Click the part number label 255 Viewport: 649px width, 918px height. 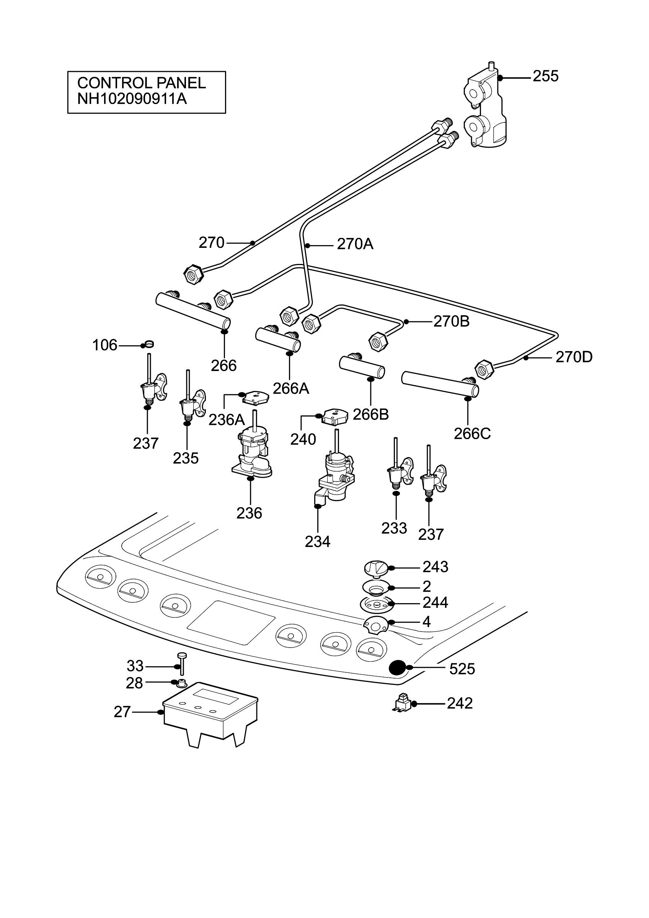(x=545, y=76)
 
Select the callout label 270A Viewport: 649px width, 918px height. (x=355, y=244)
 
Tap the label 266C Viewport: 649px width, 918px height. (x=472, y=433)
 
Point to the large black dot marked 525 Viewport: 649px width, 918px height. (x=398, y=667)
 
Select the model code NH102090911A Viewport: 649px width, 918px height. (x=132, y=98)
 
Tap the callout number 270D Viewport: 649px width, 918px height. (x=574, y=357)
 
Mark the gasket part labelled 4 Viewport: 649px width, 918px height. (x=376, y=625)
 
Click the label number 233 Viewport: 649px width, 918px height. (x=394, y=528)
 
